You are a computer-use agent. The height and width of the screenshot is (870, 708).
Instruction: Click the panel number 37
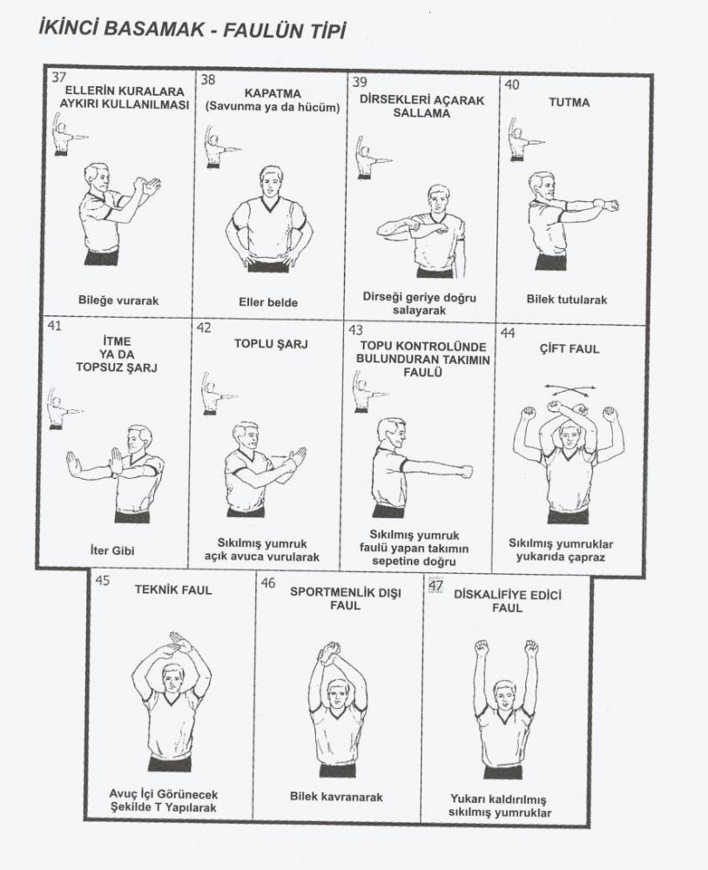pyautogui.click(x=58, y=78)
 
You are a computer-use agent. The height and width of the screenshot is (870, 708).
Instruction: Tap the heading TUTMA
pyautogui.click(x=570, y=103)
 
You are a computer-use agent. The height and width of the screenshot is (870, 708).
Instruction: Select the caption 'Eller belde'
pyautogui.click(x=268, y=302)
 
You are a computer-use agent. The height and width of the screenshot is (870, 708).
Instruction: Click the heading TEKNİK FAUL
pyautogui.click(x=173, y=590)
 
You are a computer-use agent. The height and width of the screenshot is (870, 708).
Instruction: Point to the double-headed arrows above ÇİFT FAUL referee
pyautogui.click(x=570, y=388)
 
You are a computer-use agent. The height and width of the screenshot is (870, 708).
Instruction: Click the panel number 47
pyautogui.click(x=435, y=586)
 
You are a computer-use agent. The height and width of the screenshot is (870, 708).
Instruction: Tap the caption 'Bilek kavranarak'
pyautogui.click(x=336, y=797)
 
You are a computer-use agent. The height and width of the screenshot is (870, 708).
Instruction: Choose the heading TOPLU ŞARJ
pyautogui.click(x=271, y=343)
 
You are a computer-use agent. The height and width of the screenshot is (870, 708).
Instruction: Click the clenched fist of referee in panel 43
pyautogui.click(x=466, y=471)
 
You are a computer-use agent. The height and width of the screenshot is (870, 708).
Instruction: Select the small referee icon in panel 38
pyautogui.click(x=216, y=146)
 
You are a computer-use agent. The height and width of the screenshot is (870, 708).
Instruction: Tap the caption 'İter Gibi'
pyautogui.click(x=112, y=550)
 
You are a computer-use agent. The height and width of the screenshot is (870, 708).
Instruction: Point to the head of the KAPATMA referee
pyautogui.click(x=272, y=183)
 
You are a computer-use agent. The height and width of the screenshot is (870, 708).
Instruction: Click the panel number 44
pyautogui.click(x=508, y=333)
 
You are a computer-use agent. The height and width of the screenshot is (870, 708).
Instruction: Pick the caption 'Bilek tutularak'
pyautogui.click(x=567, y=300)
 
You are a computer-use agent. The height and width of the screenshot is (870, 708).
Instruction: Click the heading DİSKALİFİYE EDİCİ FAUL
pyautogui.click(x=507, y=601)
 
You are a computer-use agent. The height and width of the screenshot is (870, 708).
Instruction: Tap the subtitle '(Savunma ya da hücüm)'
pyautogui.click(x=273, y=107)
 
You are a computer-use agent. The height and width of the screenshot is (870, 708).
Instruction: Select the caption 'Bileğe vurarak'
pyautogui.click(x=118, y=300)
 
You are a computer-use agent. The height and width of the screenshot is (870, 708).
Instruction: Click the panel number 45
pyautogui.click(x=102, y=580)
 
